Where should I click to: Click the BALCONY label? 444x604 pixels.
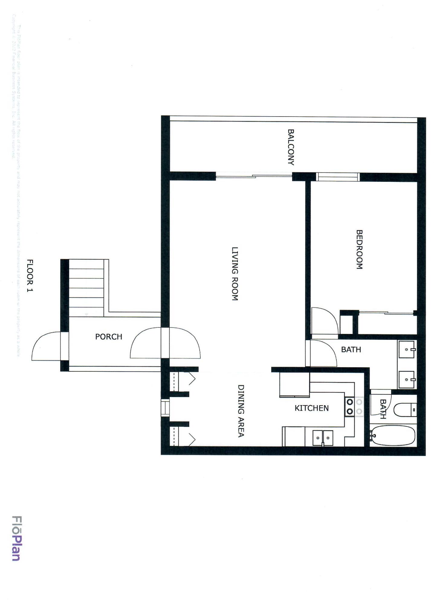pos(291,147)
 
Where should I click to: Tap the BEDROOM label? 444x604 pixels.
pos(359,249)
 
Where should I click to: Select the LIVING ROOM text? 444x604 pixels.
pos(235,274)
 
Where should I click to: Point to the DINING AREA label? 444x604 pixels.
pos(241,411)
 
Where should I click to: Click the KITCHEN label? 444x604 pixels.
pos(311,408)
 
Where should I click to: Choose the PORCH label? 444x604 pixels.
pos(109,337)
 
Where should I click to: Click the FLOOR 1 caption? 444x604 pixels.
pos(30,275)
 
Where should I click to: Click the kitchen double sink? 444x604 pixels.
pos(322,438)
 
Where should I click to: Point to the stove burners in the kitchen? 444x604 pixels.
pos(350,406)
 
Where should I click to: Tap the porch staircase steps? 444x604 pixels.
pos(86,288)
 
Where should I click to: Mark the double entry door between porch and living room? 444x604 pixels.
pos(165,343)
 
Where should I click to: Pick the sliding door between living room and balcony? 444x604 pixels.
pos(254,176)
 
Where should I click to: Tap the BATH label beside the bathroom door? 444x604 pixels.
pos(351,350)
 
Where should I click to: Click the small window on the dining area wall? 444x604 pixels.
pos(165,408)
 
